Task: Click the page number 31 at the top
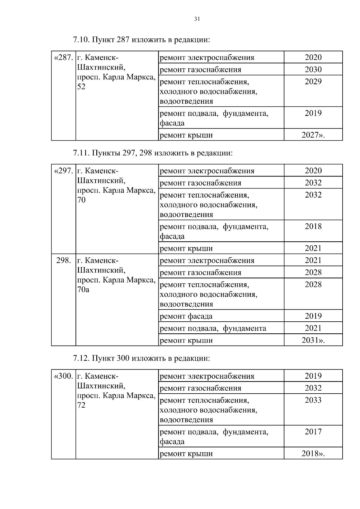(x=197, y=19)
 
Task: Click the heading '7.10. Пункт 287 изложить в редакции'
(x=141, y=40)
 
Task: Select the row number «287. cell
(x=63, y=58)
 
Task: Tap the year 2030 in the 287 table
(x=313, y=70)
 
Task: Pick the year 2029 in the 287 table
(x=313, y=82)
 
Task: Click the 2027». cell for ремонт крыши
(x=313, y=135)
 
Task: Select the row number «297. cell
(x=63, y=171)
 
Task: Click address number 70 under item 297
(x=82, y=200)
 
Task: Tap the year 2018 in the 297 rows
(x=313, y=227)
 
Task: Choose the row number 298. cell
(x=63, y=260)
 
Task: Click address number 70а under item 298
(x=83, y=290)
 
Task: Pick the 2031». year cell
(x=313, y=341)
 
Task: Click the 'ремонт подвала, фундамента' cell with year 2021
(x=213, y=329)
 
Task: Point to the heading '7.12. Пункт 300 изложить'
(x=141, y=359)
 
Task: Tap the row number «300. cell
(x=63, y=376)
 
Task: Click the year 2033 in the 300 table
(x=313, y=400)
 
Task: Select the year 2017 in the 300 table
(x=313, y=432)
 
